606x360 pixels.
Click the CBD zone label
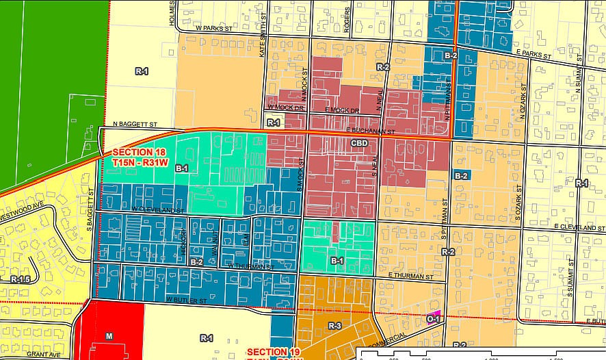click(360, 143)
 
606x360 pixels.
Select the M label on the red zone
click(109, 335)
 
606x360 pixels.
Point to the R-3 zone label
click(334, 326)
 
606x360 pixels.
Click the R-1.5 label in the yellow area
click(21, 279)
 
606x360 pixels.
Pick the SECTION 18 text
click(135, 153)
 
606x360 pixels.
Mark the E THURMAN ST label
click(410, 277)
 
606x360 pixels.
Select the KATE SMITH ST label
click(262, 40)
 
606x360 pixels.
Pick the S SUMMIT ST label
click(570, 277)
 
